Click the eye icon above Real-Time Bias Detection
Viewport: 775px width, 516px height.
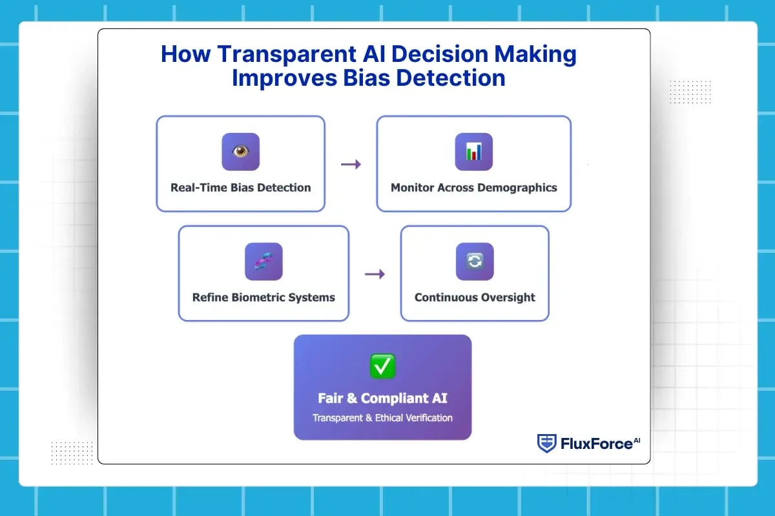(x=240, y=152)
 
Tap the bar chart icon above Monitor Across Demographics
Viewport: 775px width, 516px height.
(x=473, y=152)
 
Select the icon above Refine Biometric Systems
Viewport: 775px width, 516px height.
(x=263, y=261)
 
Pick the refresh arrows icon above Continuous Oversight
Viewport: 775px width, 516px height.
(x=475, y=261)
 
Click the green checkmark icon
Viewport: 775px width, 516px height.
(x=382, y=366)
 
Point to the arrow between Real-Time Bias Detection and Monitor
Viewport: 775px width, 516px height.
(x=351, y=164)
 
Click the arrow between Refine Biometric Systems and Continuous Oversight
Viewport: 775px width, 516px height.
(x=375, y=274)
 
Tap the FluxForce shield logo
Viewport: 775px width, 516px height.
(x=546, y=443)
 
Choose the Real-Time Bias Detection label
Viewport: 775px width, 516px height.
(x=240, y=188)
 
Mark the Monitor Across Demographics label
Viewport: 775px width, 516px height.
(x=473, y=188)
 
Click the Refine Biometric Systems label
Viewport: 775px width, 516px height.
(x=263, y=297)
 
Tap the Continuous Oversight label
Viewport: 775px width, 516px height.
(x=475, y=297)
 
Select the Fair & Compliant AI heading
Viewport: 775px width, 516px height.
(x=382, y=398)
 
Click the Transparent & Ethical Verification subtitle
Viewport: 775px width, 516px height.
(x=382, y=417)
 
